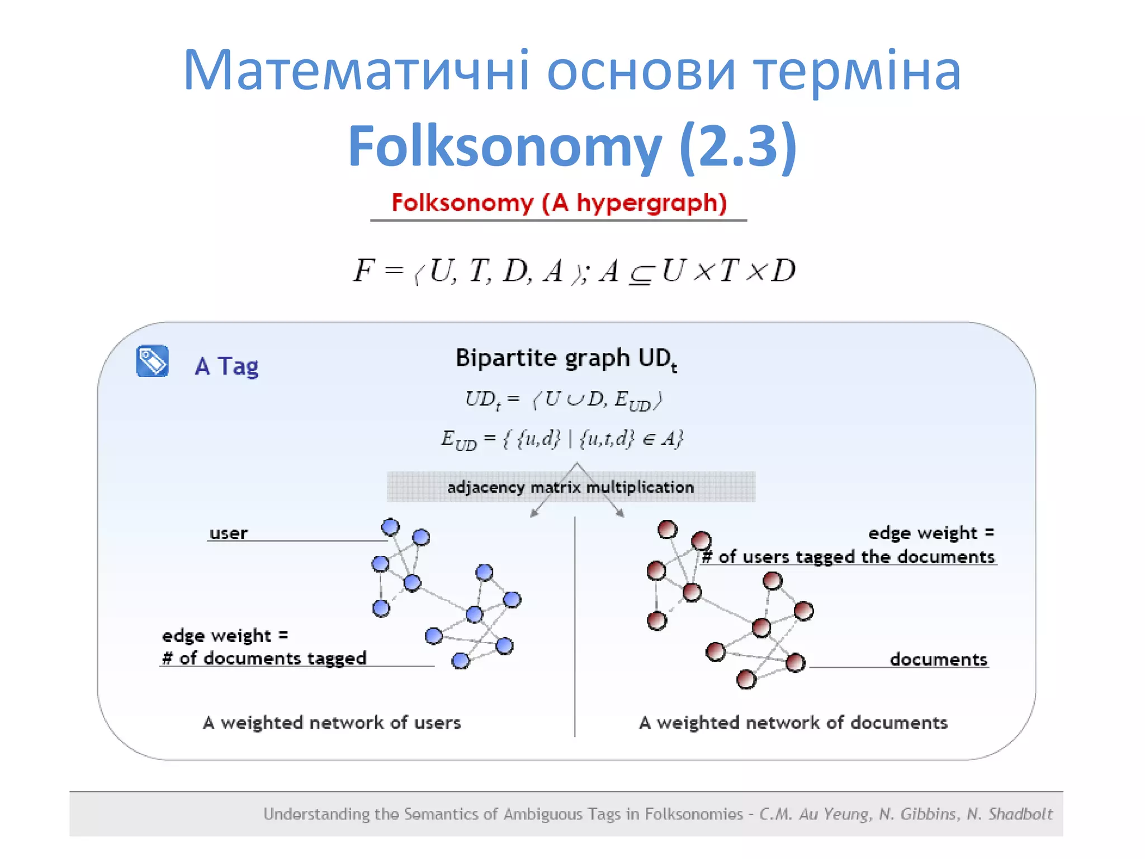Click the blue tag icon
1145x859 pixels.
[152, 361]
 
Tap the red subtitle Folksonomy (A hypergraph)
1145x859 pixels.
[559, 202]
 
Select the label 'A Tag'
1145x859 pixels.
[226, 366]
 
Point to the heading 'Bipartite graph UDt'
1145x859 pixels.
[566, 358]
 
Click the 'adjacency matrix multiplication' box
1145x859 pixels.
[570, 487]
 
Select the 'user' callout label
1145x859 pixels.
[228, 533]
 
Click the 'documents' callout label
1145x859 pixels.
[938, 659]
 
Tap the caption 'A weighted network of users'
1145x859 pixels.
[332, 723]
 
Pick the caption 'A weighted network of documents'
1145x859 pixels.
[793, 723]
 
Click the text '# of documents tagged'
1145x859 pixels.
[264, 658]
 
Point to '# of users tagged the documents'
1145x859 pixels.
[849, 556]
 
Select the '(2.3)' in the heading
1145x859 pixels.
[738, 147]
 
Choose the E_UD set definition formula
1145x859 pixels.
[561, 439]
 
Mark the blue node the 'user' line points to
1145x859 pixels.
[390, 527]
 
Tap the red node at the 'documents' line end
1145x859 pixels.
[795, 663]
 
